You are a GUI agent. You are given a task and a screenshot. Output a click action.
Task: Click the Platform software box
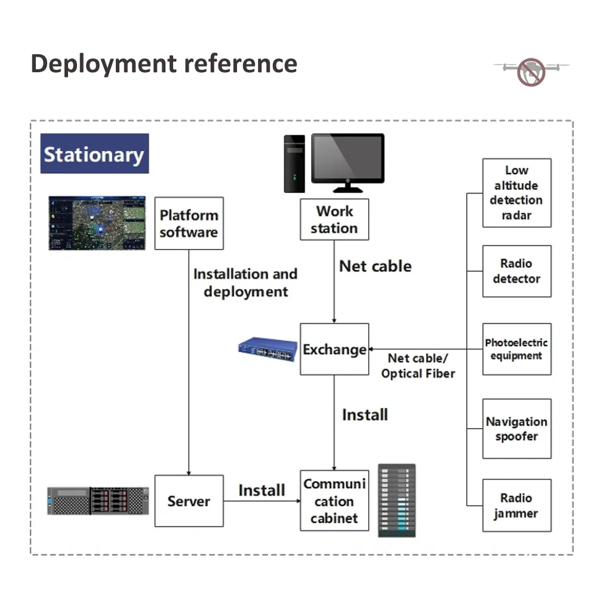tap(189, 223)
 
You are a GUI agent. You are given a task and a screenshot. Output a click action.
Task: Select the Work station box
tap(334, 220)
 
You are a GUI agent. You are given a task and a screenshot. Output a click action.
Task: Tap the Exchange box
tap(334, 349)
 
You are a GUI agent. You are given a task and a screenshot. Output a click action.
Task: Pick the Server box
tap(189, 501)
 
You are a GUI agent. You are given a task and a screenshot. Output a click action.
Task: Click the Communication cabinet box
tap(334, 501)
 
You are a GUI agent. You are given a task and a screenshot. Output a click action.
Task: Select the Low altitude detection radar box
tap(516, 193)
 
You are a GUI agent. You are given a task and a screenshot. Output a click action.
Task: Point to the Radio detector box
tap(516, 271)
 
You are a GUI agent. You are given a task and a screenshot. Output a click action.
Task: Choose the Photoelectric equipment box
tap(516, 349)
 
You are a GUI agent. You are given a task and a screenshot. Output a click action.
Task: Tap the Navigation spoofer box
tap(516, 429)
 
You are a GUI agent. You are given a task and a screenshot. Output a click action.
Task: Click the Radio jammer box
tap(516, 505)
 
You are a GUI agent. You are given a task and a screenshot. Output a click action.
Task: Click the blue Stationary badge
tap(94, 153)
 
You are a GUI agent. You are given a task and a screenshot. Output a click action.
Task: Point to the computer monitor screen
tap(348, 158)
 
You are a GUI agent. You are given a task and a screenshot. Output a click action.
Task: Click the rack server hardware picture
tap(98, 500)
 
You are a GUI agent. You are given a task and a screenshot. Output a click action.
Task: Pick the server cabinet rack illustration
tap(396, 500)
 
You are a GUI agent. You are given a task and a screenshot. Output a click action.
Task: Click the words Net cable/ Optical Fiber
tap(418, 366)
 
